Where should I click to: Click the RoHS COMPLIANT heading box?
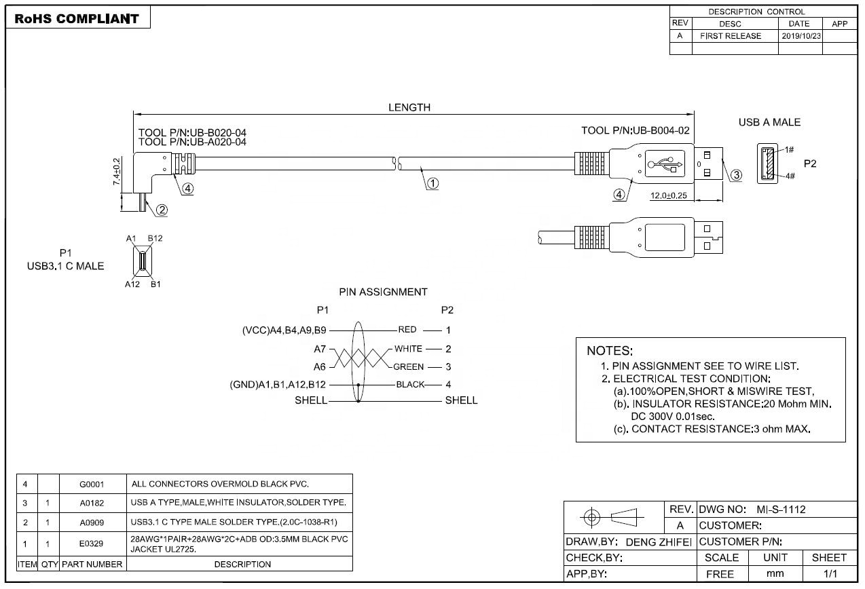tap(77, 18)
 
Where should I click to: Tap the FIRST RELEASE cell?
tap(730, 36)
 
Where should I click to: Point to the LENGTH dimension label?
tap(409, 107)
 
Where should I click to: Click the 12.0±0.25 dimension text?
tap(668, 195)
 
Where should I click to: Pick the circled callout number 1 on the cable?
tap(432, 183)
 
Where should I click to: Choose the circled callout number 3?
tap(735, 176)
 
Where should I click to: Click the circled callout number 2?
tap(162, 210)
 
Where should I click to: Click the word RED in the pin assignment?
tap(407, 330)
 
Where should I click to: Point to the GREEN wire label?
tap(408, 367)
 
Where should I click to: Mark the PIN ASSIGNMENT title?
tap(383, 292)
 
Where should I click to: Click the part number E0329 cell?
tap(92, 544)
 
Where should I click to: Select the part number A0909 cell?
tap(92, 522)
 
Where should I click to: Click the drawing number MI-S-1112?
tap(781, 509)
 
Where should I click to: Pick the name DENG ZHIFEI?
tap(658, 541)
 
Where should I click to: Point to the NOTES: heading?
tap(610, 351)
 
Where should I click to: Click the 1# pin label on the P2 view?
tap(790, 150)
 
